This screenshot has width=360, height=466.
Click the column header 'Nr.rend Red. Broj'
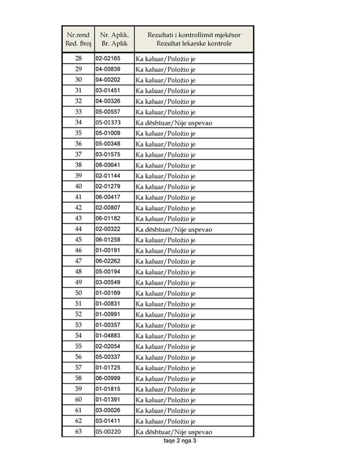(x=78, y=39)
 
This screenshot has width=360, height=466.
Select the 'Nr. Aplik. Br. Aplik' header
(x=114, y=39)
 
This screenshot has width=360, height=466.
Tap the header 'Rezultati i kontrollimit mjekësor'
(x=194, y=39)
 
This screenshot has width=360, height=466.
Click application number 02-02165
(x=108, y=58)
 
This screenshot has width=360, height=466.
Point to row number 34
(x=78, y=122)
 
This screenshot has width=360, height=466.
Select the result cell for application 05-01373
(x=174, y=123)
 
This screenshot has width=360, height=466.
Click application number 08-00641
(x=108, y=165)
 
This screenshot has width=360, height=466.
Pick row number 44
(x=78, y=229)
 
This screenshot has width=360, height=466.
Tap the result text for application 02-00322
(x=174, y=230)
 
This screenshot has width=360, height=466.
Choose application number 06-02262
(x=108, y=261)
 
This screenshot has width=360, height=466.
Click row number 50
(x=78, y=293)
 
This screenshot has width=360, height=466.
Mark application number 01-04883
(x=108, y=336)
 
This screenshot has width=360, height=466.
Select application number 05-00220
(x=108, y=432)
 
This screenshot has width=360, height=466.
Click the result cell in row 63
(x=174, y=432)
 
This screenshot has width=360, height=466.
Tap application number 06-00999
(x=108, y=378)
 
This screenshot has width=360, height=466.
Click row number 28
(x=78, y=58)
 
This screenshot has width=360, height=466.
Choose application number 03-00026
(x=108, y=410)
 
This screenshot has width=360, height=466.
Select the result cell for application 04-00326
(x=165, y=101)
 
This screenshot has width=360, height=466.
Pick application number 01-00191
(x=108, y=250)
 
